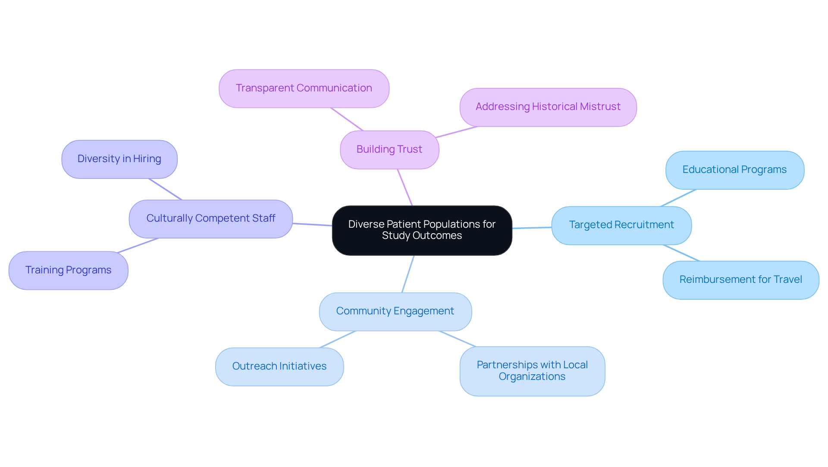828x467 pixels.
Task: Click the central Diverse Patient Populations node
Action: coord(422,230)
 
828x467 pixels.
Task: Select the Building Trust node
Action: coord(389,150)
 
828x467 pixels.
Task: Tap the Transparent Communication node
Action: coord(304,88)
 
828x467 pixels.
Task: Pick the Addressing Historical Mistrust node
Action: coord(548,107)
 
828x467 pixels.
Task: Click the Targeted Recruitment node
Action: coord(621,225)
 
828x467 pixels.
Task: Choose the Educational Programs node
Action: coord(734,170)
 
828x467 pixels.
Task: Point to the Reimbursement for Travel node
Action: coord(740,280)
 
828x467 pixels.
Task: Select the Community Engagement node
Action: coord(395,311)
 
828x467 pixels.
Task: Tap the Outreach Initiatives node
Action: coord(279,367)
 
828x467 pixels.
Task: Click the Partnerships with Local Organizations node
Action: coord(532,371)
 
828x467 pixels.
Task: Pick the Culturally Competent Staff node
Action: coord(210,219)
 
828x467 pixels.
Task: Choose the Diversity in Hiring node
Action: coord(119,159)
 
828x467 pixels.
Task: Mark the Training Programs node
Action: coord(68,270)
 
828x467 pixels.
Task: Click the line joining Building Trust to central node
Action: coord(405,187)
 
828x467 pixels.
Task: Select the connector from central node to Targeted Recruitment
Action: coord(532,228)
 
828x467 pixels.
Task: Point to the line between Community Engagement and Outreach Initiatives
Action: coord(337,339)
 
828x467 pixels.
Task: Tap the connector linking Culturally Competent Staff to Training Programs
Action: coord(138,245)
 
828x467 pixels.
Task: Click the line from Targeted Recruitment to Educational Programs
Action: coord(678,198)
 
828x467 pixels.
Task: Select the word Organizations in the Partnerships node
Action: coord(532,376)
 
